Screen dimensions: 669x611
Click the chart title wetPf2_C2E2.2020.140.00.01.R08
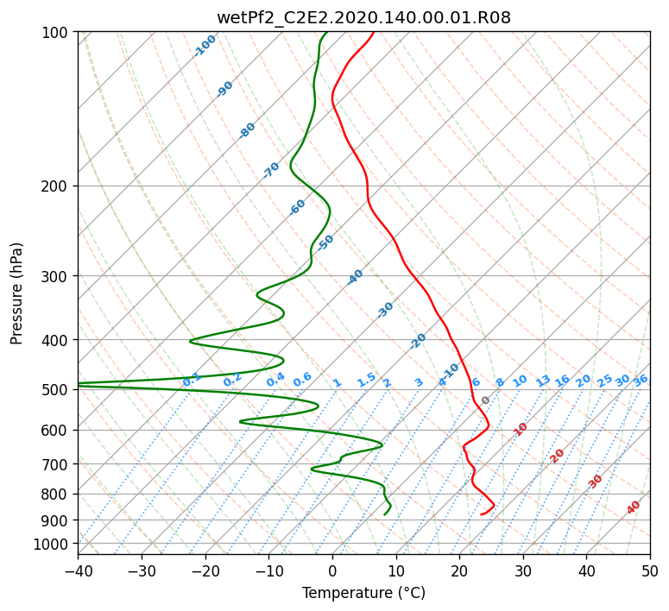coord(364,18)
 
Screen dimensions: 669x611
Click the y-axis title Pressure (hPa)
coord(16,293)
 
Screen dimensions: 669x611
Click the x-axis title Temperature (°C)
coord(364,593)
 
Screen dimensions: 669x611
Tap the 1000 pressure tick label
coord(55,545)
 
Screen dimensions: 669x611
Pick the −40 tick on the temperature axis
coord(78,570)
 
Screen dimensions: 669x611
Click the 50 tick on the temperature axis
coord(650,570)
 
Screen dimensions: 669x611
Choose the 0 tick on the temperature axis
coord(332,570)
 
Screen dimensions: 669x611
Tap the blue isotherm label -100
coord(205,46)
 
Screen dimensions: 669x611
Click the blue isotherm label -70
coord(271,170)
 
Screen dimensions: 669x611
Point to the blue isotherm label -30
coord(385,310)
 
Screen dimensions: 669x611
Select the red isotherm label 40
coord(634,507)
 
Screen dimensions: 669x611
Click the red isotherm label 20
coord(557,457)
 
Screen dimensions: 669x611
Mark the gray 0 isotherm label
coord(485,400)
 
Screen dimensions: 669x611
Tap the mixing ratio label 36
coord(641,381)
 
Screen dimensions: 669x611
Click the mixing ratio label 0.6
coord(302,380)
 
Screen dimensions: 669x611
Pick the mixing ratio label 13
coord(543,381)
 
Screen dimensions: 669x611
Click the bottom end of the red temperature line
coord(482,514)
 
